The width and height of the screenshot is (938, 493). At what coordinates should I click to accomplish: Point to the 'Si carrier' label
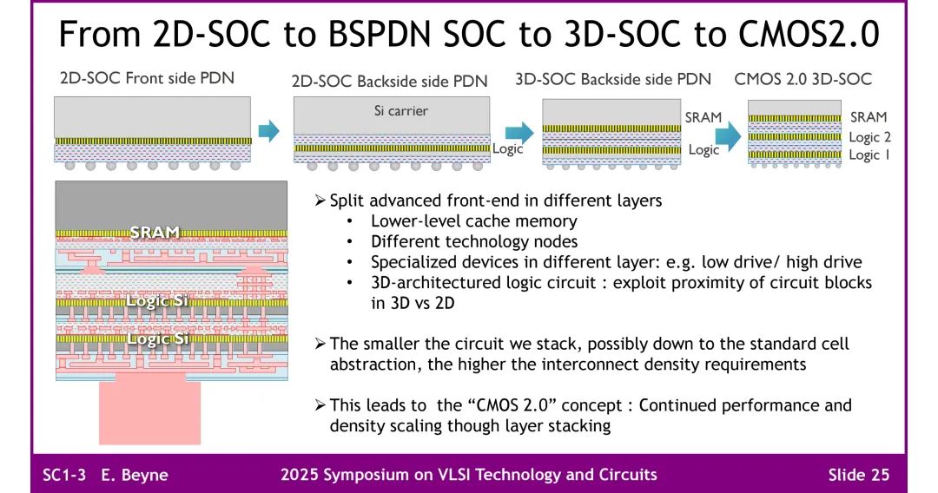point(395,111)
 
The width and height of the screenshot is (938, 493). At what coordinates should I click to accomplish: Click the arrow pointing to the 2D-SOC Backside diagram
point(270,131)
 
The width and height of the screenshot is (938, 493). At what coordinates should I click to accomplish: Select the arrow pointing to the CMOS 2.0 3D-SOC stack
point(727,135)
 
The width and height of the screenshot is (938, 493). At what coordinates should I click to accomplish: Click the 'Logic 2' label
point(869,137)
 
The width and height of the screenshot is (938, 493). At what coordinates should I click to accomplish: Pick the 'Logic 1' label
point(869,154)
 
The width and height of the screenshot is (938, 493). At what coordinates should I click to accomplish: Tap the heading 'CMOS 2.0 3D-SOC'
point(803,79)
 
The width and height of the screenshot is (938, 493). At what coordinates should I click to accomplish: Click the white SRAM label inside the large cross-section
point(155,232)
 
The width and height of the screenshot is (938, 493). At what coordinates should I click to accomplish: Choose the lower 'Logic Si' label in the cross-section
point(157,339)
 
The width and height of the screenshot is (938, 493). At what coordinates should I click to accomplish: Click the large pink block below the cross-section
point(149,412)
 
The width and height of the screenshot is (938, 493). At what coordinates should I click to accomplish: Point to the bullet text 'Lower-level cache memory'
point(473,221)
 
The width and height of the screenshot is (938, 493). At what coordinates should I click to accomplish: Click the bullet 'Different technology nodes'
point(473,242)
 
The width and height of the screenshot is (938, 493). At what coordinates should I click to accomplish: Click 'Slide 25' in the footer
point(858,474)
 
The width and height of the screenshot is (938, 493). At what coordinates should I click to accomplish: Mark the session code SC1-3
point(65,474)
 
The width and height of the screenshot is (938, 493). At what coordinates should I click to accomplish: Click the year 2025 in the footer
point(301,474)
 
